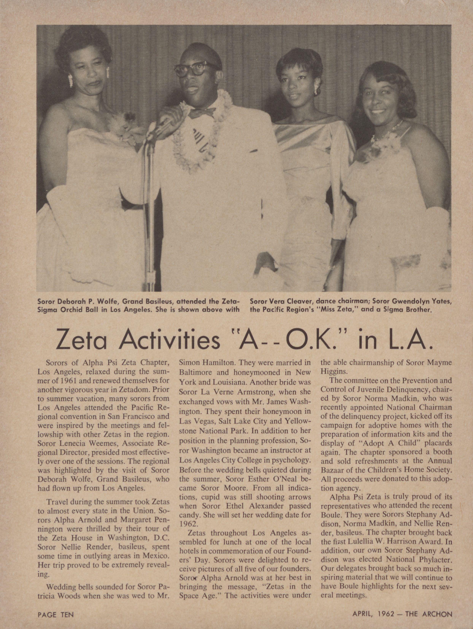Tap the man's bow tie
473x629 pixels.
coord(203,112)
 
